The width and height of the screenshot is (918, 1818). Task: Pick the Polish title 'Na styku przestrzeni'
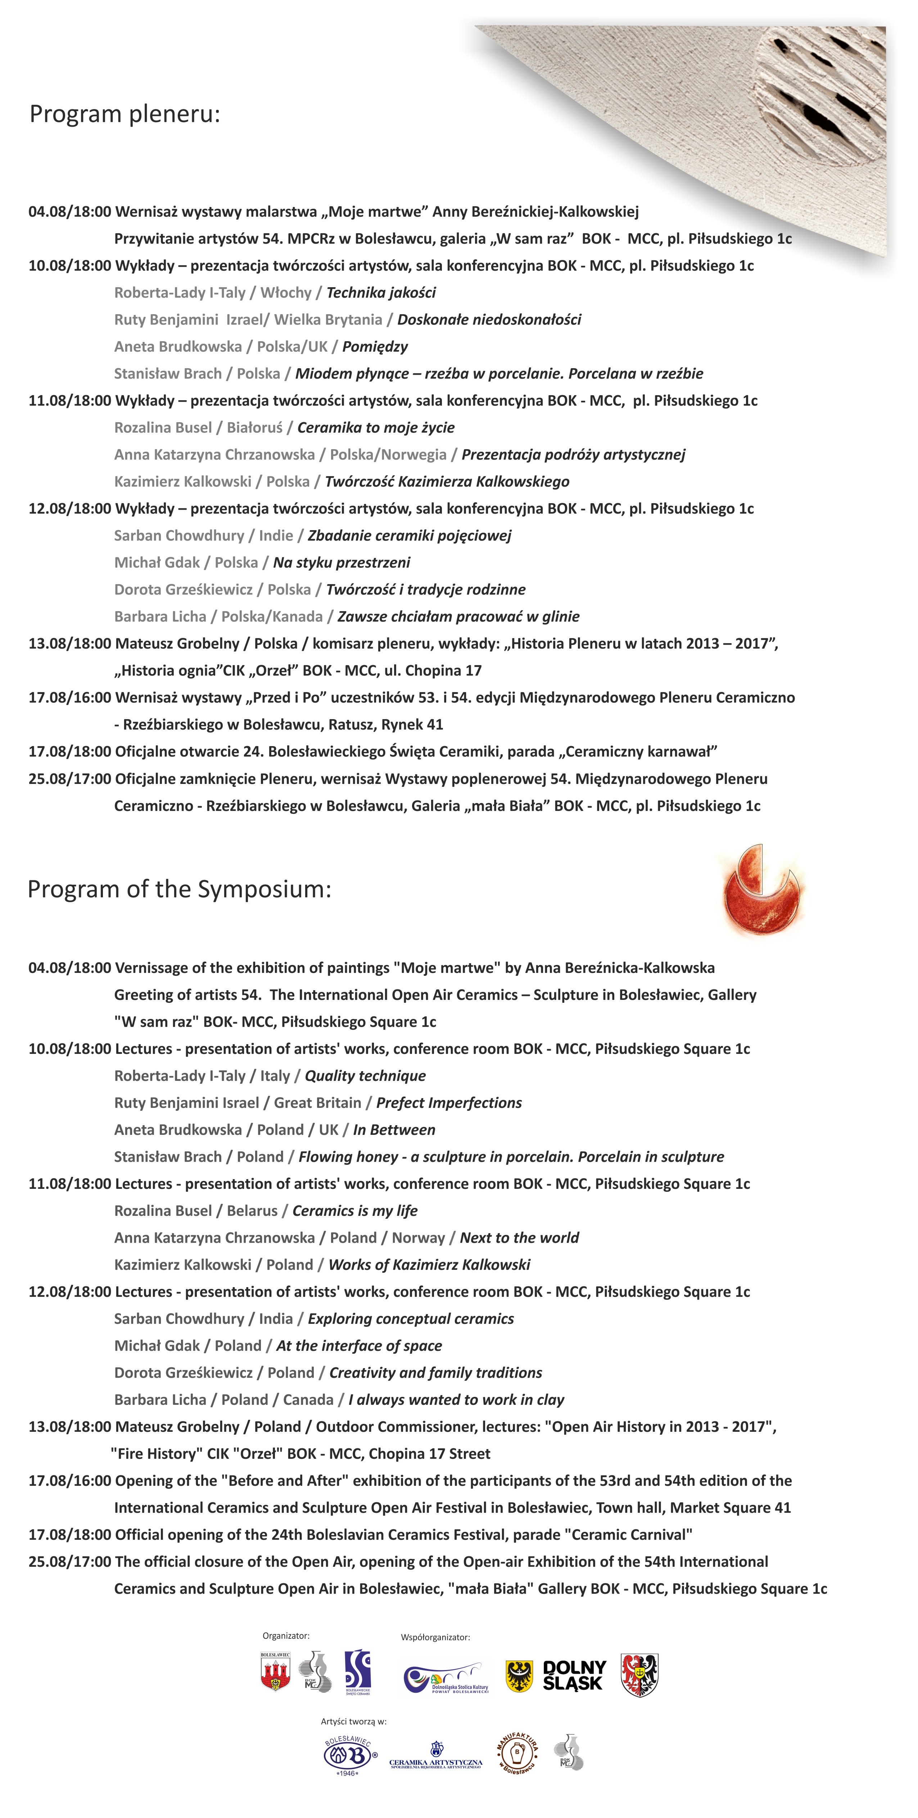tap(342, 563)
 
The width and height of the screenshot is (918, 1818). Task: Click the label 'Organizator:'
tap(286, 1635)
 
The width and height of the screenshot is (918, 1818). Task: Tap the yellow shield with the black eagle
tap(519, 1676)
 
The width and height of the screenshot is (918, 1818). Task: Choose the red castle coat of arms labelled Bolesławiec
tap(275, 1673)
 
